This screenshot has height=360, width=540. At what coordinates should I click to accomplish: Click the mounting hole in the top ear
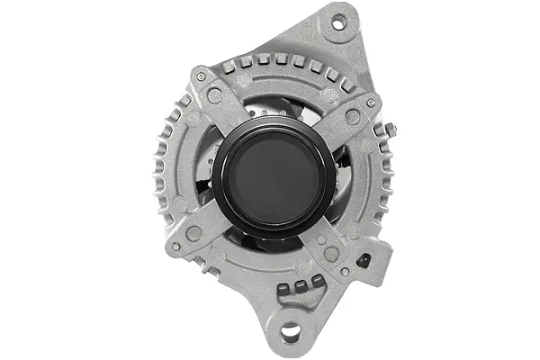(x=338, y=24)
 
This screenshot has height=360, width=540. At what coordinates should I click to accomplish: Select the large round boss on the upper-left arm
(x=214, y=95)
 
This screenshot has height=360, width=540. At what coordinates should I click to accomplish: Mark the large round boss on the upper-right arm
(x=352, y=117)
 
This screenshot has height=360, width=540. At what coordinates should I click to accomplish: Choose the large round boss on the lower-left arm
(x=193, y=233)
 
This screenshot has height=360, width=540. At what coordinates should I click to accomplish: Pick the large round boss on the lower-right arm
(x=330, y=254)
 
